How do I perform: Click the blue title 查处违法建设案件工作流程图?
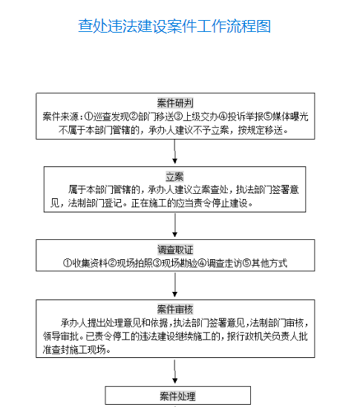point(174,26)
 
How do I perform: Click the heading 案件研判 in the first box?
point(175,102)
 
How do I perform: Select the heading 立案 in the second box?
point(175,177)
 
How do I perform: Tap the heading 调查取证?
point(175,250)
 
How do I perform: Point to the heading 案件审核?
point(175,309)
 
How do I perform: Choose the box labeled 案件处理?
point(178,395)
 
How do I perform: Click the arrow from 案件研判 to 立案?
point(175,152)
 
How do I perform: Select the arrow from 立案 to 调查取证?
point(175,225)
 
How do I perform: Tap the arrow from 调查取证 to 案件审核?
point(175,285)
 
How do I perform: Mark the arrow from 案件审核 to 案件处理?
point(175,371)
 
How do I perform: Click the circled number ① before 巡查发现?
point(89,117)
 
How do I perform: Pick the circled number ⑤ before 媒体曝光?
point(268,117)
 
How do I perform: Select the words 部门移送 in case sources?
point(156,117)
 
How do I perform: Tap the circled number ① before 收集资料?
point(68,263)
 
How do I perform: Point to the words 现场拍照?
point(134,263)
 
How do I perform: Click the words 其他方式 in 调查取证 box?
point(269,263)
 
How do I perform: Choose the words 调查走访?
point(224,263)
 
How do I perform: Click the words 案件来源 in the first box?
point(61,117)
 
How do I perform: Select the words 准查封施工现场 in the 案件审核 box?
point(74,350)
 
